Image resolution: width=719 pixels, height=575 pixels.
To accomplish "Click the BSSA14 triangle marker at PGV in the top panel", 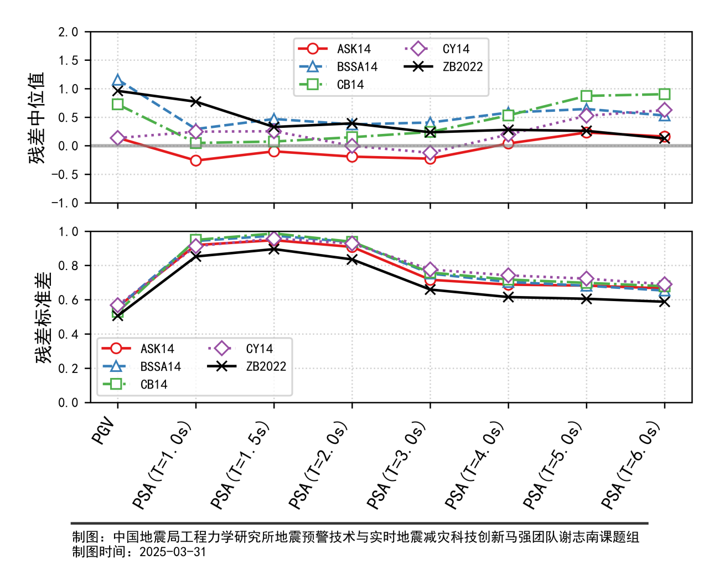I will tap(117, 82).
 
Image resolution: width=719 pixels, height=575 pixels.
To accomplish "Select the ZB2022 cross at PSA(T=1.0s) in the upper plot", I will tap(195, 101).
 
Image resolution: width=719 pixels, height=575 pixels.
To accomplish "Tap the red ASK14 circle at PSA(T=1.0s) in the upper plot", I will tap(195, 160).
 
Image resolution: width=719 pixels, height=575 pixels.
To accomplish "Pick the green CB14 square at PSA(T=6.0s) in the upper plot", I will tap(664, 94).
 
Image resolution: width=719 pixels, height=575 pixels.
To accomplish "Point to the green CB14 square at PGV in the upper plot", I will tap(117, 104).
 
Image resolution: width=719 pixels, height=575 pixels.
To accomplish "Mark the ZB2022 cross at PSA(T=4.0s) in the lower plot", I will tap(508, 297).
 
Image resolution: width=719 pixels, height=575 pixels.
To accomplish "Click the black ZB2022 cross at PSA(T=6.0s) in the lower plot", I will tap(664, 302).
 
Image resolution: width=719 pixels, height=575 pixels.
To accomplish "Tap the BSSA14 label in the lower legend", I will tap(161, 366).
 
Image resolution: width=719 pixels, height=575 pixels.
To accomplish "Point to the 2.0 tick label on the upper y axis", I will tap(68, 32).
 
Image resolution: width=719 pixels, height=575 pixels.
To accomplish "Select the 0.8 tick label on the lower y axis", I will tap(68, 266).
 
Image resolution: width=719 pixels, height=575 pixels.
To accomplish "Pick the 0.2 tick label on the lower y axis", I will tap(68, 369).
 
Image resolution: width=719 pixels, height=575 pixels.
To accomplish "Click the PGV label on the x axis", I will tap(104, 432).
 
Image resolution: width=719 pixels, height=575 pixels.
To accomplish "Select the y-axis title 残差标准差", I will tap(44, 318).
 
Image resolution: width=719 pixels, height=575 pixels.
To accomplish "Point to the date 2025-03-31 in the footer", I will tap(173, 552).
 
